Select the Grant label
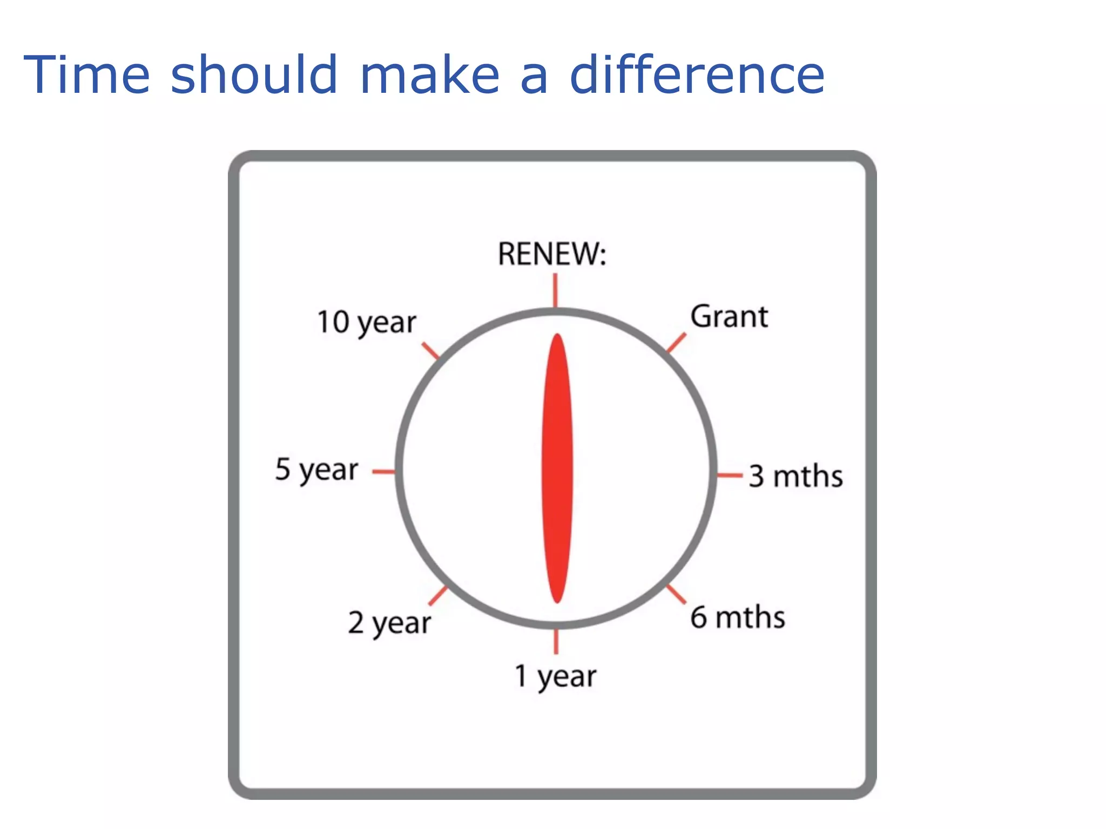point(729,316)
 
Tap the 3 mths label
point(795,476)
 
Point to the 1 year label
point(555,676)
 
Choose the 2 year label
point(389,623)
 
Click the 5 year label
point(316,470)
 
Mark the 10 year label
point(367,323)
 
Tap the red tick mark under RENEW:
point(555,290)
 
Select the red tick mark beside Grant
point(676,343)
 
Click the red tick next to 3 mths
point(730,475)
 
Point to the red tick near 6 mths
point(676,594)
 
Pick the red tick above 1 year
point(556,642)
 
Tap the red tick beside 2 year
point(438,596)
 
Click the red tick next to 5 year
point(383,472)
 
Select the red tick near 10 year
point(431,351)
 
